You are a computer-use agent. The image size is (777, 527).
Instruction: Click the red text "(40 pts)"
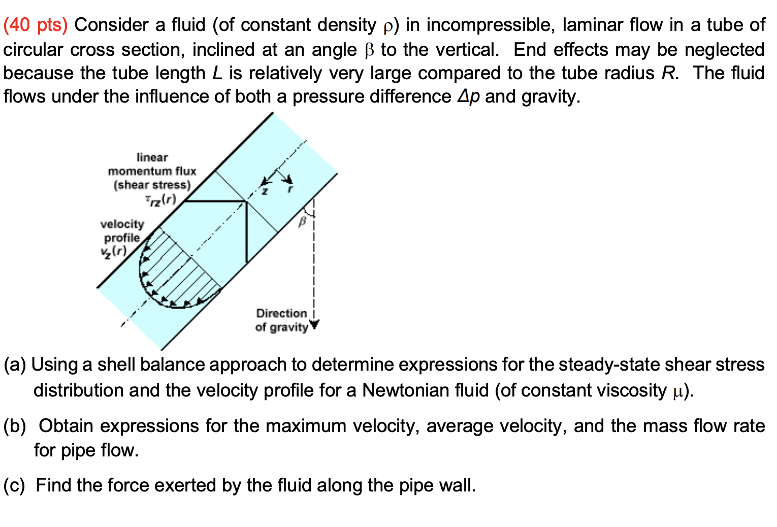click(x=35, y=25)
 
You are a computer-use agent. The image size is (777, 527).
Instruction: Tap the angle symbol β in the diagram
click(x=303, y=222)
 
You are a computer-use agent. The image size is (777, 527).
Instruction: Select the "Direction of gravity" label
click(x=282, y=320)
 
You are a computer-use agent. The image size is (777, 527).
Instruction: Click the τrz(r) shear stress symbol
click(x=160, y=200)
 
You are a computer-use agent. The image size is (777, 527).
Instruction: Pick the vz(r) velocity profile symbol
click(x=113, y=251)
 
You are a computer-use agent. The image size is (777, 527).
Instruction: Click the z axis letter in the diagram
click(x=265, y=191)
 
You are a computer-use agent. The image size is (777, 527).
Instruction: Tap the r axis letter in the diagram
click(x=290, y=189)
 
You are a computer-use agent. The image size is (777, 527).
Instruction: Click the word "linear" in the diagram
click(x=152, y=157)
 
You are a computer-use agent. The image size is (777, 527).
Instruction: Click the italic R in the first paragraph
click(x=668, y=73)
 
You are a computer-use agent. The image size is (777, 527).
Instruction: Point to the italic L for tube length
click(x=217, y=73)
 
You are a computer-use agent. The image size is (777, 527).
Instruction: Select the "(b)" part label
click(x=15, y=426)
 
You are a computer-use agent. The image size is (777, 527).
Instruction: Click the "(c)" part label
click(x=14, y=485)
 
